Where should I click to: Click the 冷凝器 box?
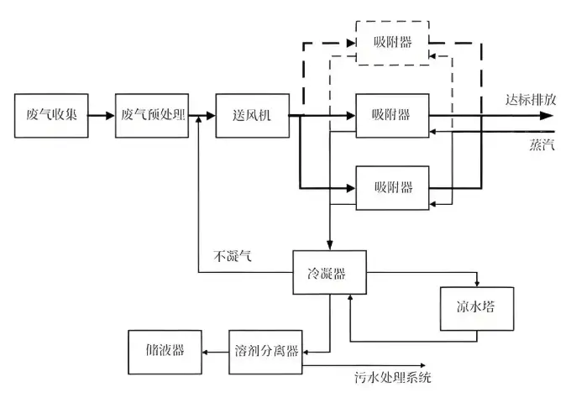[330, 273]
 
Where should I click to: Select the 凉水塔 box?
[474, 307]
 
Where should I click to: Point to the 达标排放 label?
[530, 98]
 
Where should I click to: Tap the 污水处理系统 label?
[392, 379]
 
